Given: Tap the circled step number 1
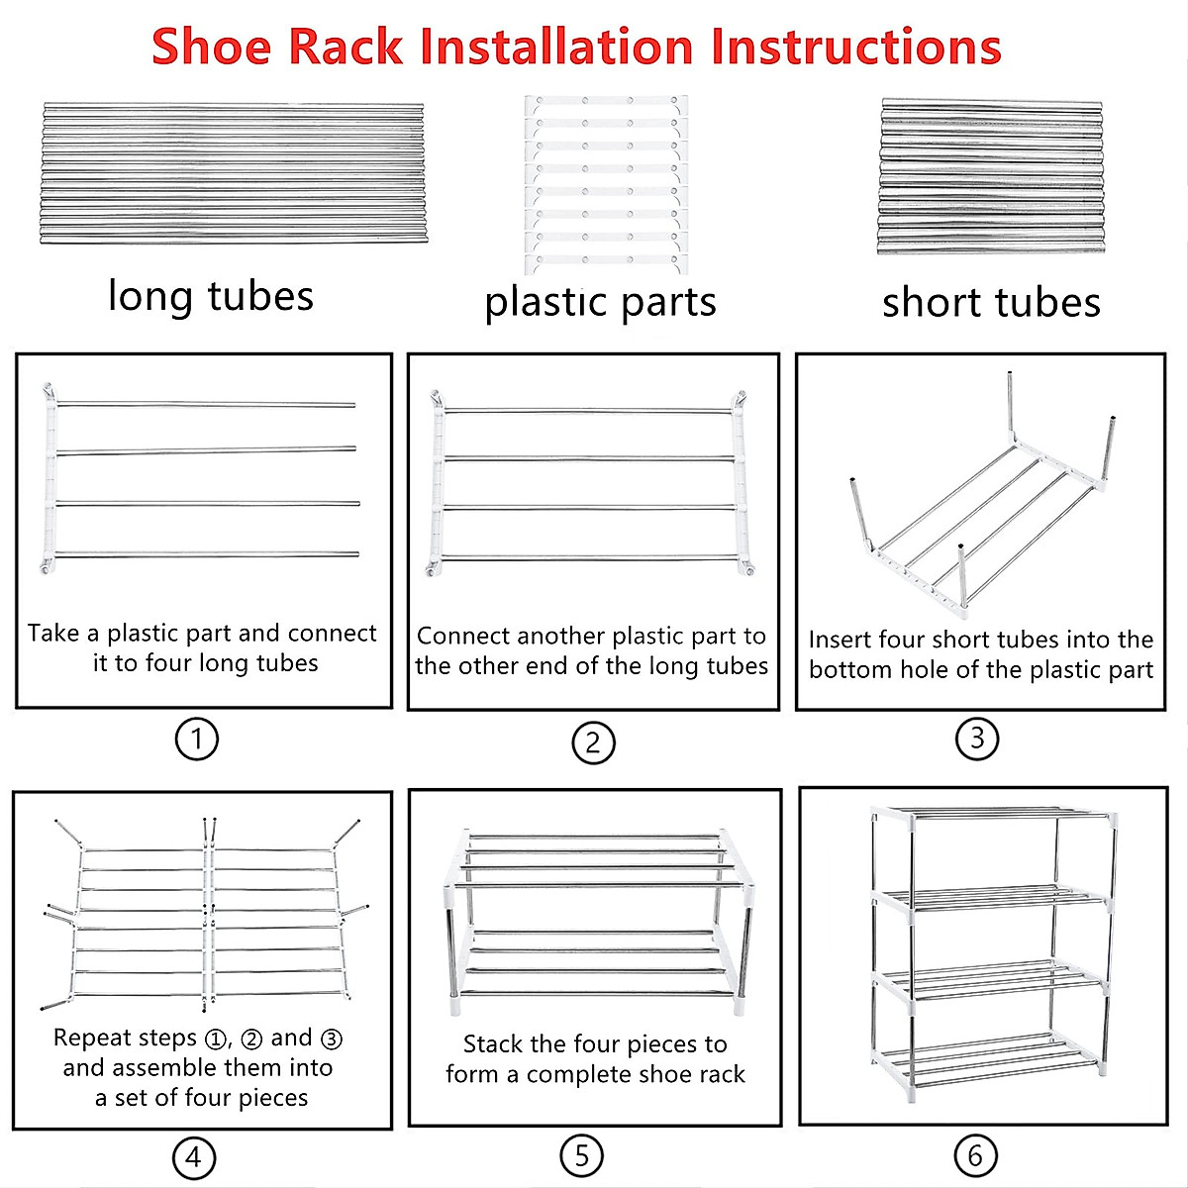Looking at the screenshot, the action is (196, 739).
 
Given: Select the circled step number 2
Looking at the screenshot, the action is (593, 742).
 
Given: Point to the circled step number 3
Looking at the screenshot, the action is (977, 738).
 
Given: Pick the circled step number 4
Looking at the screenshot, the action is (193, 1156).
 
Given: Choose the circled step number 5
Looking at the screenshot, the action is (581, 1154).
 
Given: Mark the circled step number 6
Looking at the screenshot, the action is (975, 1154).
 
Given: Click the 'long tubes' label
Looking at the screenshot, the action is (211, 296).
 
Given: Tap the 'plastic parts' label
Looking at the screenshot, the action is (600, 302).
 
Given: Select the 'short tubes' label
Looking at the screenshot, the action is (991, 302).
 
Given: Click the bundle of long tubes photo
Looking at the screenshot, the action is (234, 172).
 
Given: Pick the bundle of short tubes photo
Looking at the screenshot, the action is (991, 176).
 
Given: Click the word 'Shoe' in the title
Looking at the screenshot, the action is (211, 47).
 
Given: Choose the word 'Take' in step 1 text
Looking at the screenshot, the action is (53, 634).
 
